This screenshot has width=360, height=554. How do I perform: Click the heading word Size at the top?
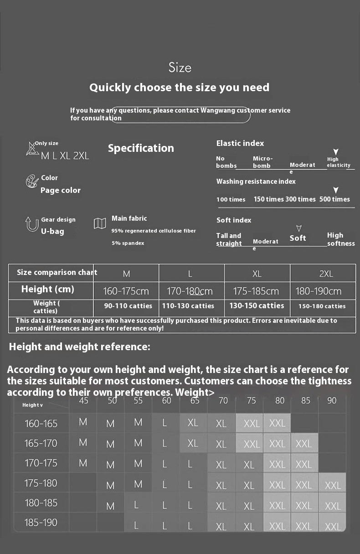click(x=180, y=68)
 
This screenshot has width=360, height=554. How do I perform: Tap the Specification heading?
click(x=141, y=148)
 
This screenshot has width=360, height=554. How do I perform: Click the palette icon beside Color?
click(x=32, y=181)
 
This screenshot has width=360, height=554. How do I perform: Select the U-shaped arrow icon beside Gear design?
click(x=32, y=224)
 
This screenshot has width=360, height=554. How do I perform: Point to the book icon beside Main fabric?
click(x=100, y=223)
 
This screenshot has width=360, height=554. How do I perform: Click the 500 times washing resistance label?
click(x=334, y=199)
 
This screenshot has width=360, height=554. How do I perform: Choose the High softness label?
click(x=341, y=239)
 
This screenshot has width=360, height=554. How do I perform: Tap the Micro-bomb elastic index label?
click(x=263, y=162)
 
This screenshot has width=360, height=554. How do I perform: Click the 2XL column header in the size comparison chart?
click(x=326, y=274)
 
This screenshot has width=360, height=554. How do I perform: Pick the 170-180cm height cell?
click(x=190, y=291)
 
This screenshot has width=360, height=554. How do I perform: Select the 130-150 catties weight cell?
click(x=257, y=306)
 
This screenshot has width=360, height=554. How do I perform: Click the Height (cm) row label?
click(x=47, y=289)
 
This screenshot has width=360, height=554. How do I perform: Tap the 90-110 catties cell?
click(x=128, y=306)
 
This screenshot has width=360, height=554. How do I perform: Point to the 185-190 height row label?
click(x=41, y=523)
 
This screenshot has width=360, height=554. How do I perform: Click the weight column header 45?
click(x=84, y=401)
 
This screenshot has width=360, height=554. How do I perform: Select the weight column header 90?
click(x=332, y=401)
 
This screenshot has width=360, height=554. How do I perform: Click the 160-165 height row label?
click(x=41, y=424)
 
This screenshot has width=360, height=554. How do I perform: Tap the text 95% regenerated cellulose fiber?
click(x=154, y=231)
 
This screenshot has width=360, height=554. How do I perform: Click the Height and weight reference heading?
click(x=79, y=347)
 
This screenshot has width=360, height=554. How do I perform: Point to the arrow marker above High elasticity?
click(x=336, y=152)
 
